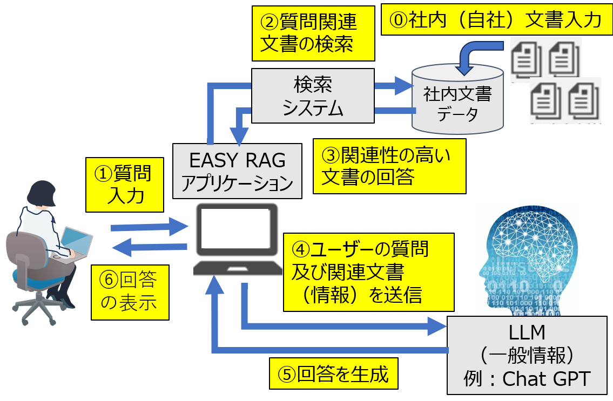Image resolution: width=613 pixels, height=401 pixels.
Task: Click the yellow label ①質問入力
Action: (x=124, y=185)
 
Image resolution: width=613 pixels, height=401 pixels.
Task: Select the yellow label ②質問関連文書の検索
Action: (x=313, y=33)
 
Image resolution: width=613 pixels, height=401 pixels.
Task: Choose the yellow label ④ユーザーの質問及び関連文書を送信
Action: (x=368, y=272)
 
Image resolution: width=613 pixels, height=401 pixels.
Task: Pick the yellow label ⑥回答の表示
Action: (x=130, y=292)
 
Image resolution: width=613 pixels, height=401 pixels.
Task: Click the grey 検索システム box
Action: (x=313, y=96)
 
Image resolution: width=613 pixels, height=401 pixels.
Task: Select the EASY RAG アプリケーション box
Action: (x=237, y=171)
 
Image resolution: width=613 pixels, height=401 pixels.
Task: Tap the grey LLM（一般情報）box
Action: (x=529, y=356)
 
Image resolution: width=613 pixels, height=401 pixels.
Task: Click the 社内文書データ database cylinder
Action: (x=457, y=99)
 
